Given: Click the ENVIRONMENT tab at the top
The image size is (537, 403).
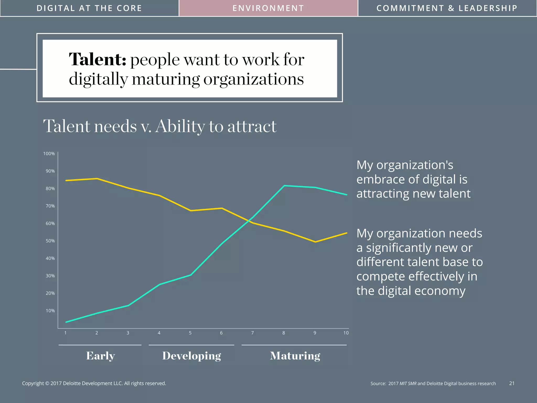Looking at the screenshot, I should pos(268,8).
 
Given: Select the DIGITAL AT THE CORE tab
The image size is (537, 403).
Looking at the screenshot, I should pos(89,8).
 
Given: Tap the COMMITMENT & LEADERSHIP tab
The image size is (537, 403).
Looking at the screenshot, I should pos(447,8).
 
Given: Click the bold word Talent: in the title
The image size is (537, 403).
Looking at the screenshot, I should pos(98,60).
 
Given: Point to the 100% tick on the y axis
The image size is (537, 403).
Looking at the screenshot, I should pos(49,154).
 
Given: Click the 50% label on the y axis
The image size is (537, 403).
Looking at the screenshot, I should pos(50,241).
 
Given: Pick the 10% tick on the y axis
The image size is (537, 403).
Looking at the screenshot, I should pos(50,311).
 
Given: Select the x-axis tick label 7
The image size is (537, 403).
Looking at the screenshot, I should pos(253,333).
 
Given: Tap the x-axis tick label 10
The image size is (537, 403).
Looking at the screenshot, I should pos(346,333).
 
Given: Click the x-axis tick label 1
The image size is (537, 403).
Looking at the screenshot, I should pos(66,333).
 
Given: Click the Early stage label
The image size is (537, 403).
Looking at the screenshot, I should pos(100,356).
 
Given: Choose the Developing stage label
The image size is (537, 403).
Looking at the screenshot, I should pos(192,356).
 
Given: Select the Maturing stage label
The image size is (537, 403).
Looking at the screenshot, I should pos(295,356).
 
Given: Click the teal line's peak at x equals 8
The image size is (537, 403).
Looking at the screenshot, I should pos(284,186).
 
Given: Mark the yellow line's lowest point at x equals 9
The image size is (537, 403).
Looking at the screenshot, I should pos(315,242).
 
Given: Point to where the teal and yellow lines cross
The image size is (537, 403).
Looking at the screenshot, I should pos(249,221).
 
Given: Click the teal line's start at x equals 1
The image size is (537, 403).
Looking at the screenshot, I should pos(66,322).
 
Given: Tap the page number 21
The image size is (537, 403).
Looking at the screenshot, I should pos(512,383).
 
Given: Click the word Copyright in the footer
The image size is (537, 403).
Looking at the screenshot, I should pos(33,383).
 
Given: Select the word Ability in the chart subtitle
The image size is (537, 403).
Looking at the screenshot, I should pos(180,126).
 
